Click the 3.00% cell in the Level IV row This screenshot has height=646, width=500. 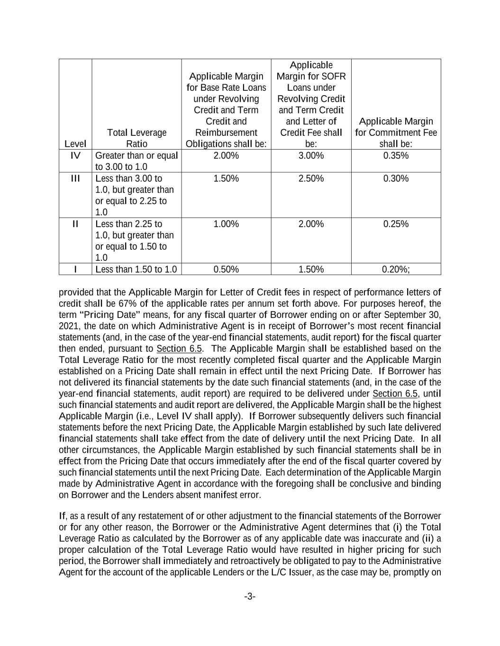tap(311, 156)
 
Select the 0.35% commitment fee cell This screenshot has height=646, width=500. tap(396, 156)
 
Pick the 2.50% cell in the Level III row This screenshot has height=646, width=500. tap(311, 178)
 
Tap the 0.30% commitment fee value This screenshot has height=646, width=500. tap(396, 178)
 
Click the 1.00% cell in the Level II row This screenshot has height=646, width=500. tap(226, 224)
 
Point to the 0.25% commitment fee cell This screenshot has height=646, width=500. tap(396, 224)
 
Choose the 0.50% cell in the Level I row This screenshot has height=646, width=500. tap(226, 269)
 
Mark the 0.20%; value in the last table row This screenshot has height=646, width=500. tap(396, 269)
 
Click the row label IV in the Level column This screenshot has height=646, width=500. tap(75, 156)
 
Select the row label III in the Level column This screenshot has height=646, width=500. tap(75, 178)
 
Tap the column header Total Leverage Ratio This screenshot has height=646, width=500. tap(136, 138)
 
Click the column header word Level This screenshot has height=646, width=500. tap(75, 144)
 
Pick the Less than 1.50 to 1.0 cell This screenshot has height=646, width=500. tap(136, 269)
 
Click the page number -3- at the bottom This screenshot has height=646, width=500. tap(250, 597)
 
